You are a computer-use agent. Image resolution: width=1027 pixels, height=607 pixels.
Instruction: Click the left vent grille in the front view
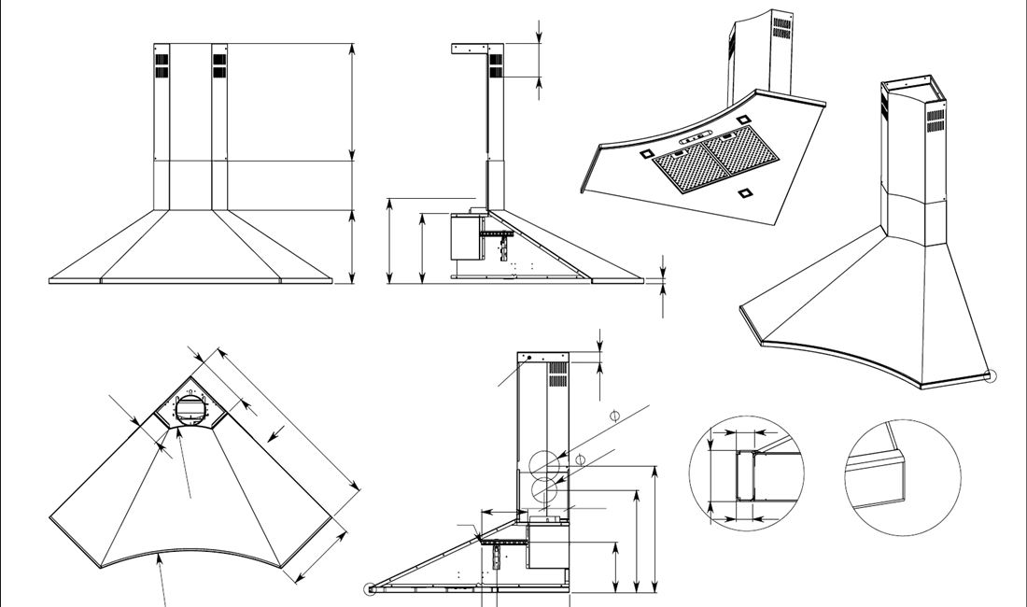pos(162,64)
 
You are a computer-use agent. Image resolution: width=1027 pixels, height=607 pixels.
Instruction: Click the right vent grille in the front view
pos(219,64)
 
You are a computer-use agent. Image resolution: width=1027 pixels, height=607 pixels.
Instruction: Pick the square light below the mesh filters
pos(744,193)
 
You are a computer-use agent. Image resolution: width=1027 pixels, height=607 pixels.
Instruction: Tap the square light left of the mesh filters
pos(646,152)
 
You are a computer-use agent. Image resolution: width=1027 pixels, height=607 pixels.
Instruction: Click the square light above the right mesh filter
pos(743,120)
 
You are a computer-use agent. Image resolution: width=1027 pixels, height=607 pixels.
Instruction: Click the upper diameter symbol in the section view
pos(613,415)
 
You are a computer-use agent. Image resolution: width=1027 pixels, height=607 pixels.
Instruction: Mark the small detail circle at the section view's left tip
pos(371,588)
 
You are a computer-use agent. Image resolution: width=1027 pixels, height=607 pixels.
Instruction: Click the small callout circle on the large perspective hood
pos(991,377)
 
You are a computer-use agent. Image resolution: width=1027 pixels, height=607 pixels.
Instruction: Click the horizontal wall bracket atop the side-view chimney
pos(473,48)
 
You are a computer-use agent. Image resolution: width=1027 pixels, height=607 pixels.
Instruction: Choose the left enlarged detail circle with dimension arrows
pos(746,473)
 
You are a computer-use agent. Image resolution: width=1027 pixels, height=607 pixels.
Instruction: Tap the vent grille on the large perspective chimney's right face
pos(935,120)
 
